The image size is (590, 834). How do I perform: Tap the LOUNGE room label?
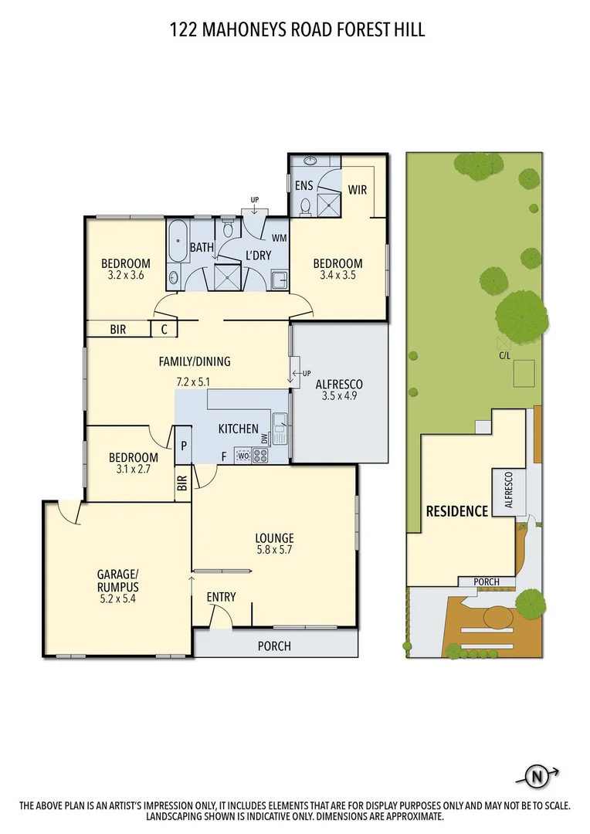[274, 538]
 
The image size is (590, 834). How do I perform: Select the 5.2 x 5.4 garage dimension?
[117, 597]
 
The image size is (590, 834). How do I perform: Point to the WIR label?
[357, 189]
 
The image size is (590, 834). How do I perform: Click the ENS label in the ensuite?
[303, 186]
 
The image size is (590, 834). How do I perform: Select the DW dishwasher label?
[265, 439]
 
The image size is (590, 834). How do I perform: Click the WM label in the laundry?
[278, 238]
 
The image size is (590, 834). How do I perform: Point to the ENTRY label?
[221, 597]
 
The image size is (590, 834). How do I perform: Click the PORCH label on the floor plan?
[274, 646]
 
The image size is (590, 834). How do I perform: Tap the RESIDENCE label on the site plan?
[457, 510]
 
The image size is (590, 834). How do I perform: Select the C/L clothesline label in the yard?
[504, 356]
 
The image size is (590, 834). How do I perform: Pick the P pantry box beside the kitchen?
[184, 446]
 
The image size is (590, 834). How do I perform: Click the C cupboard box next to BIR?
[164, 329]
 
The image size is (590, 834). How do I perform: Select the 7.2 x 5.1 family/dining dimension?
[194, 381]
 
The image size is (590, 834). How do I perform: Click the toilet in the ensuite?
[306, 205]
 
